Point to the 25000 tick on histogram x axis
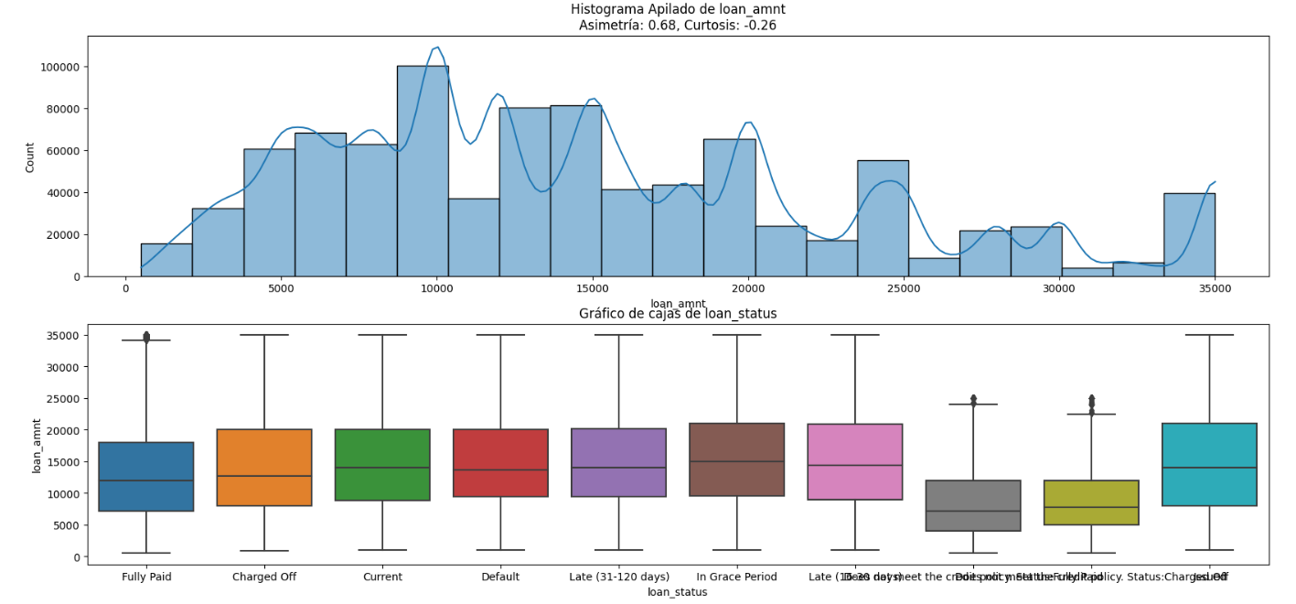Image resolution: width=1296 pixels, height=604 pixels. pos(904,289)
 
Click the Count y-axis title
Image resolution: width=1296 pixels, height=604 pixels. pos(30,156)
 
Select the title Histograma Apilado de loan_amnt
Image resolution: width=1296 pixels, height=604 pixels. pos(678,9)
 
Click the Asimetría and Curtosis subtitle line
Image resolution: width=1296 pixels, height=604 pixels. pos(678,26)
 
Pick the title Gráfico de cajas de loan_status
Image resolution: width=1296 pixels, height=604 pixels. pos(678,314)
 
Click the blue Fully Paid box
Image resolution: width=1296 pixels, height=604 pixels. pos(146,477)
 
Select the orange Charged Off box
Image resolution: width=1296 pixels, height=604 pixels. pos(264,468)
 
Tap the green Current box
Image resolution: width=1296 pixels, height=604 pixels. pos(382,465)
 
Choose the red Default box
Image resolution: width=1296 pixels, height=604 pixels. pos(500,463)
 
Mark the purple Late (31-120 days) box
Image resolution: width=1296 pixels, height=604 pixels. pos(618,462)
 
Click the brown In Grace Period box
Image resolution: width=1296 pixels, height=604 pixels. pos(736,459)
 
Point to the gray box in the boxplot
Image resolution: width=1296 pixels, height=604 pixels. pos(973,505)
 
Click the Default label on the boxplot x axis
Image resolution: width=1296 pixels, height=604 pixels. pos(500,577)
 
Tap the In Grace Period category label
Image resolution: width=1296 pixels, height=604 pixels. pos(736,577)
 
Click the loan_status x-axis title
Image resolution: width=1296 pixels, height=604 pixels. pos(678,592)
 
